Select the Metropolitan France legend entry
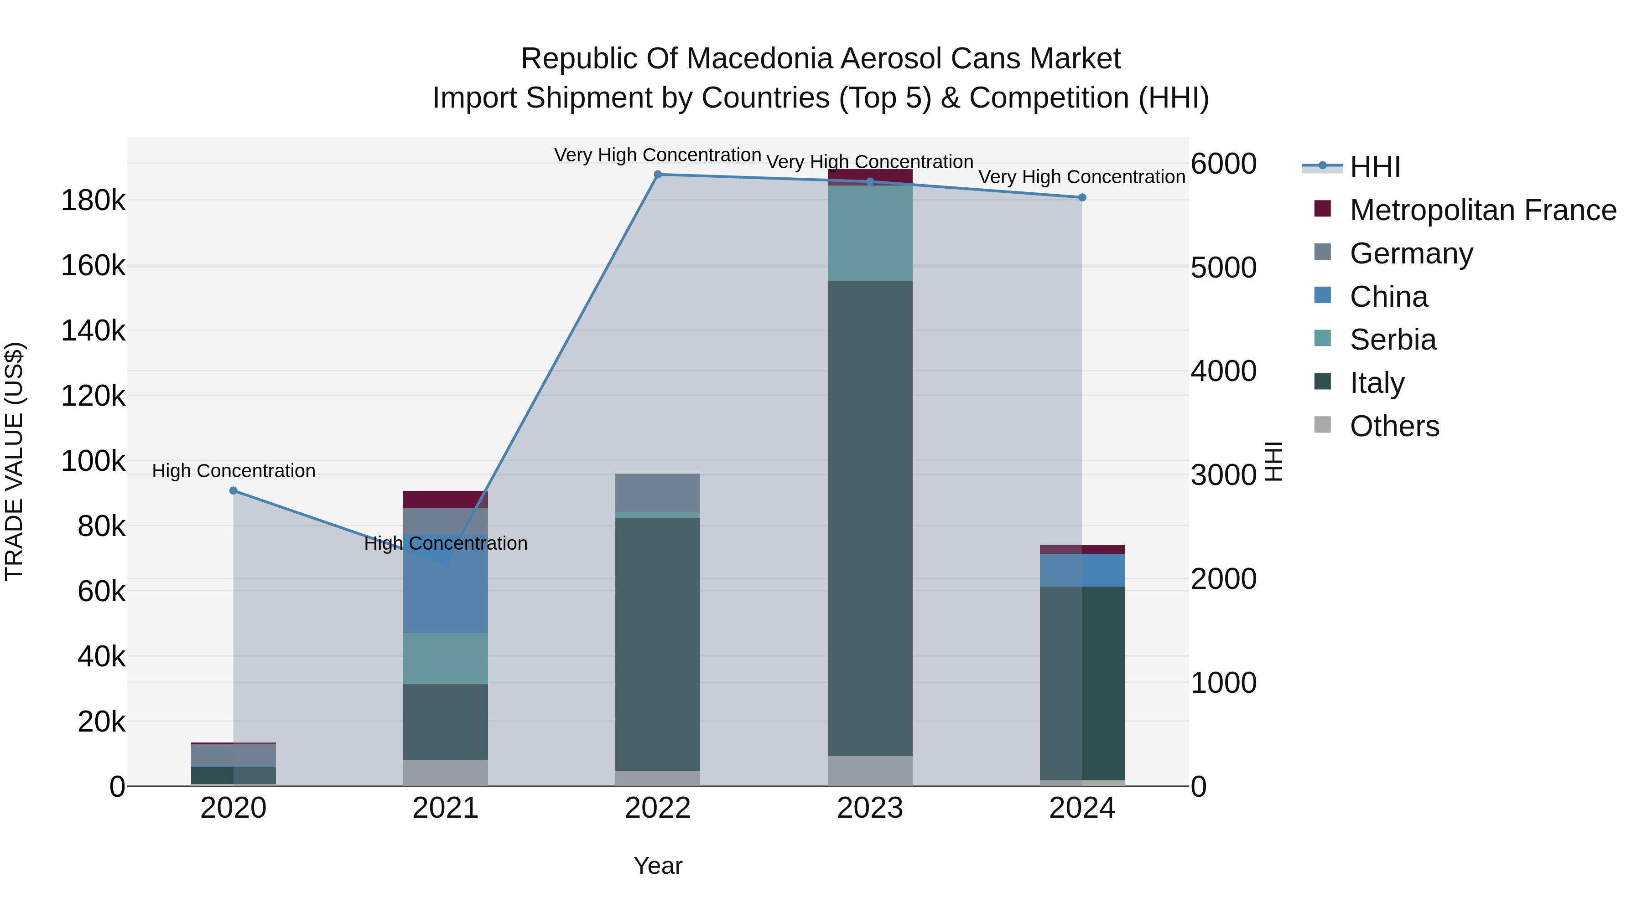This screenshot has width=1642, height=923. (x=1483, y=210)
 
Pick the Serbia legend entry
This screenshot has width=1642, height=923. (x=1393, y=340)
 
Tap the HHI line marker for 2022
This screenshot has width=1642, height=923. (x=658, y=175)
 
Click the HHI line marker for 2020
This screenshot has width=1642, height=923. (x=233, y=490)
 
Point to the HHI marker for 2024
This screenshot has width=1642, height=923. (x=1082, y=197)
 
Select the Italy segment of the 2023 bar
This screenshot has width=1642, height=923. (x=870, y=517)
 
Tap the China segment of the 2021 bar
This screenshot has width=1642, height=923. (x=446, y=593)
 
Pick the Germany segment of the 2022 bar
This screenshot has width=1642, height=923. (x=658, y=492)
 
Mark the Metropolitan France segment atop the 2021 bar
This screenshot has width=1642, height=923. (x=446, y=500)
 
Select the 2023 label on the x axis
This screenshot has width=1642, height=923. (x=870, y=808)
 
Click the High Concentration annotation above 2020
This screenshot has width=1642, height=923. (x=233, y=471)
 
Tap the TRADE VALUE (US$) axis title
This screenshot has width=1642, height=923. (x=14, y=461)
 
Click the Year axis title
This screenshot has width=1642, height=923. (x=658, y=866)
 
